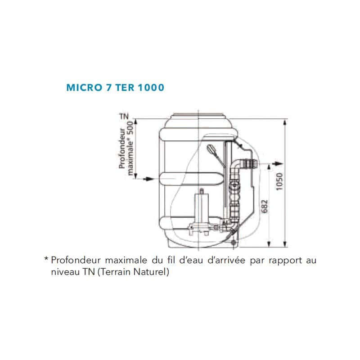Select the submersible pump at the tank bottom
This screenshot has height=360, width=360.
(202, 211)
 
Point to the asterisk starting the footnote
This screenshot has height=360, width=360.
(46, 260)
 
